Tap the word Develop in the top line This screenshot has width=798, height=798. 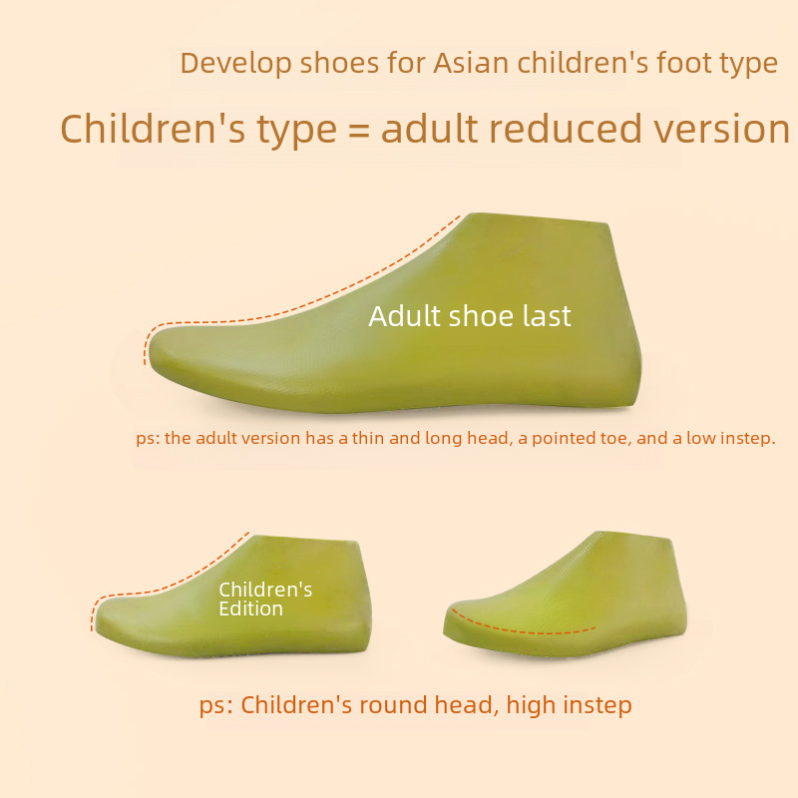[235, 64]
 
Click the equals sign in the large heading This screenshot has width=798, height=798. [359, 130]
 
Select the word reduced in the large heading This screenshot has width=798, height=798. [565, 129]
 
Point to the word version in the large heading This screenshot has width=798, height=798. [721, 130]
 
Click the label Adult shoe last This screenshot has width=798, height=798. [470, 316]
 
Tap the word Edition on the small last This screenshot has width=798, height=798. [250, 608]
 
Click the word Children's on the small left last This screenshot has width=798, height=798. [265, 590]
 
